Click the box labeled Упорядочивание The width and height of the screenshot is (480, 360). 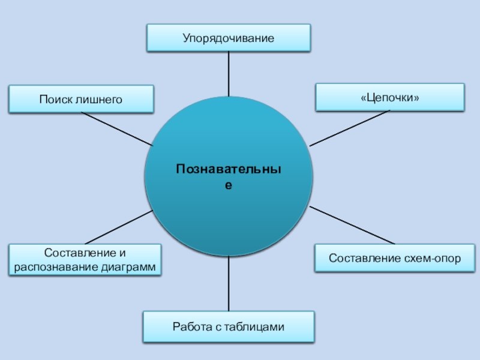[x=229, y=38]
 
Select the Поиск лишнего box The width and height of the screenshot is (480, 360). [x=81, y=99]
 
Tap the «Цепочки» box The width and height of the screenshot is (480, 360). [x=389, y=97]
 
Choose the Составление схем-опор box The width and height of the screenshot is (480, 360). [x=395, y=259]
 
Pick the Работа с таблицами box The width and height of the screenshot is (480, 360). [x=228, y=327]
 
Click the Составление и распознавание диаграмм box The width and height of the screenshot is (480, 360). [x=85, y=259]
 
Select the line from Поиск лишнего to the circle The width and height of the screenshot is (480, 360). [x=117, y=129]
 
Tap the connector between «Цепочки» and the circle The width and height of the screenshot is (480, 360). [x=350, y=128]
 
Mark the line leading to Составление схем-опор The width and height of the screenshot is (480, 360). [x=352, y=226]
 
